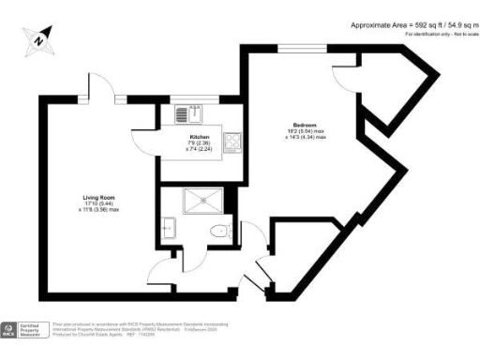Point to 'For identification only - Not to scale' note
click(x=437, y=35)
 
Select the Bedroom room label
click(x=302, y=127)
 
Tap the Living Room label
click(x=97, y=198)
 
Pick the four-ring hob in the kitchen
click(x=233, y=143)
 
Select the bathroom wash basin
click(x=169, y=227)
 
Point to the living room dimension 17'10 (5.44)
click(x=97, y=204)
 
